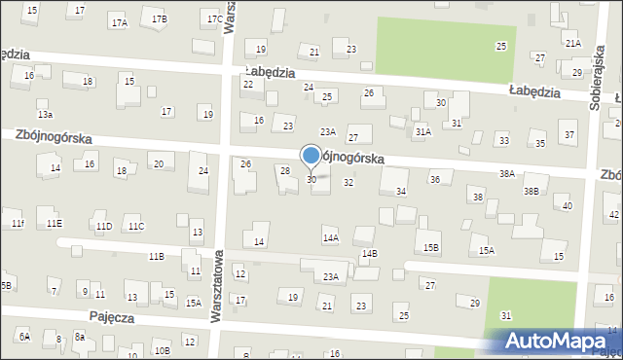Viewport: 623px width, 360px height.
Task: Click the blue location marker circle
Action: (311, 155)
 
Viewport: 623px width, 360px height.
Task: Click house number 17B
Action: (159, 19)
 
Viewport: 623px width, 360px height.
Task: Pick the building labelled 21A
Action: (572, 44)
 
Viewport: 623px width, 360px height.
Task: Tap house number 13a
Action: (44, 102)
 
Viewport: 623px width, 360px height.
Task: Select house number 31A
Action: (422, 130)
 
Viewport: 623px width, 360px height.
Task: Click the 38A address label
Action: (506, 173)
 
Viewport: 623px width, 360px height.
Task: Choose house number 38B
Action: (531, 191)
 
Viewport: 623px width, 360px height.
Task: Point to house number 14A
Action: (330, 237)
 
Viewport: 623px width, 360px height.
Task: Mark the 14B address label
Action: (369, 254)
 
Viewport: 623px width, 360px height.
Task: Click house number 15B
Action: (430, 248)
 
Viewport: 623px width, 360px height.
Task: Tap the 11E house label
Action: (55, 223)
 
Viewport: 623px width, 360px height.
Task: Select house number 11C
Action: (135, 227)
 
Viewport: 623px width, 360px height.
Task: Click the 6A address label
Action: (23, 337)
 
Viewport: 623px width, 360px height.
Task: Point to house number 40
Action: (567, 205)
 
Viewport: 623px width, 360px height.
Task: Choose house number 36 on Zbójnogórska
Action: (435, 179)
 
